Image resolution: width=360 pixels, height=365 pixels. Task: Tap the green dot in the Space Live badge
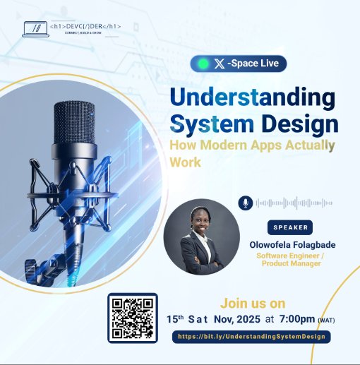pos(204,64)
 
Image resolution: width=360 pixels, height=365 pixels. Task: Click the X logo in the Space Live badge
pos(220,64)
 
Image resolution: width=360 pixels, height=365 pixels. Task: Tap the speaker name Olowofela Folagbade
pos(292,244)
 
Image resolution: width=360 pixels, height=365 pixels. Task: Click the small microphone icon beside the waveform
pos(245,203)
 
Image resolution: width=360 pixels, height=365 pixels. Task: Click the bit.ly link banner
pos(251,336)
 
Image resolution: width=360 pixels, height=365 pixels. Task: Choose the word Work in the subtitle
pos(185,162)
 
